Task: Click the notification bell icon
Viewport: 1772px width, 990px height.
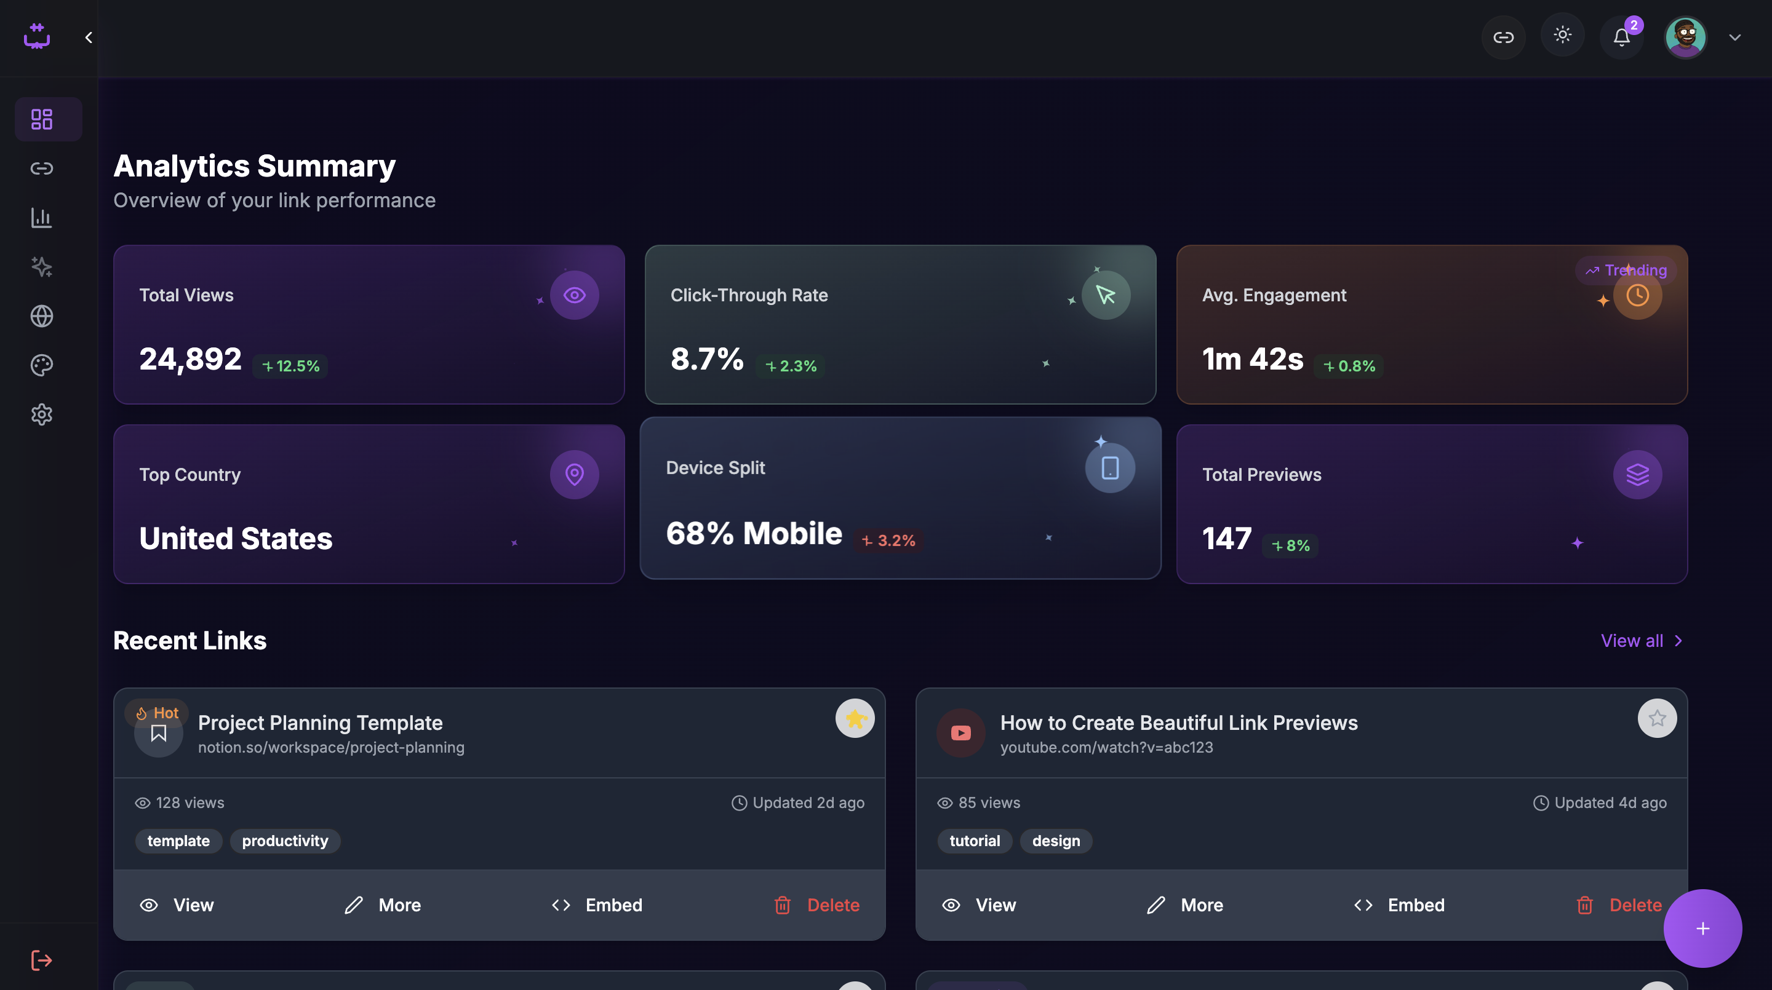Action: (1621, 37)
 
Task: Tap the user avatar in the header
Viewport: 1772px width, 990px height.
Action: (1685, 37)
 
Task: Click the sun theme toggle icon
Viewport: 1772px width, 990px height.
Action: (1562, 35)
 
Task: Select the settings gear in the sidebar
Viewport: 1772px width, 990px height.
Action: (42, 414)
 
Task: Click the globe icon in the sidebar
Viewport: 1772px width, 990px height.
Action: (42, 316)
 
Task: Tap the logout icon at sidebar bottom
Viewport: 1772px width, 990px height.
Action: (42, 960)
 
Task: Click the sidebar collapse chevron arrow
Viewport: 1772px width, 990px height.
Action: (89, 38)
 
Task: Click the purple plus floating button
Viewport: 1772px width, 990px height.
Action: (1702, 929)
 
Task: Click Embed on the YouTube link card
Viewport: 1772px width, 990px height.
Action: (1399, 905)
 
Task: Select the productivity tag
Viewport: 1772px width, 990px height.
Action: (285, 841)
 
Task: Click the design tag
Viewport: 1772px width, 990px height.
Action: (1056, 841)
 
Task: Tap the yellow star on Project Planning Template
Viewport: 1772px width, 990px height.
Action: (855, 718)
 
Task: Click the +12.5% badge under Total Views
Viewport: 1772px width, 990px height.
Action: (291, 366)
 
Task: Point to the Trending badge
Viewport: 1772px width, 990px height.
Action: (1626, 270)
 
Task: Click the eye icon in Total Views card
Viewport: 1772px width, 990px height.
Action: (575, 296)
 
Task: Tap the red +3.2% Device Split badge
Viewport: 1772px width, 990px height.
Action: (888, 541)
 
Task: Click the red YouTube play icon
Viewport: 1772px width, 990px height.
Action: (961, 733)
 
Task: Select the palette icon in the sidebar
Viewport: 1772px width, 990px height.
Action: (42, 365)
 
